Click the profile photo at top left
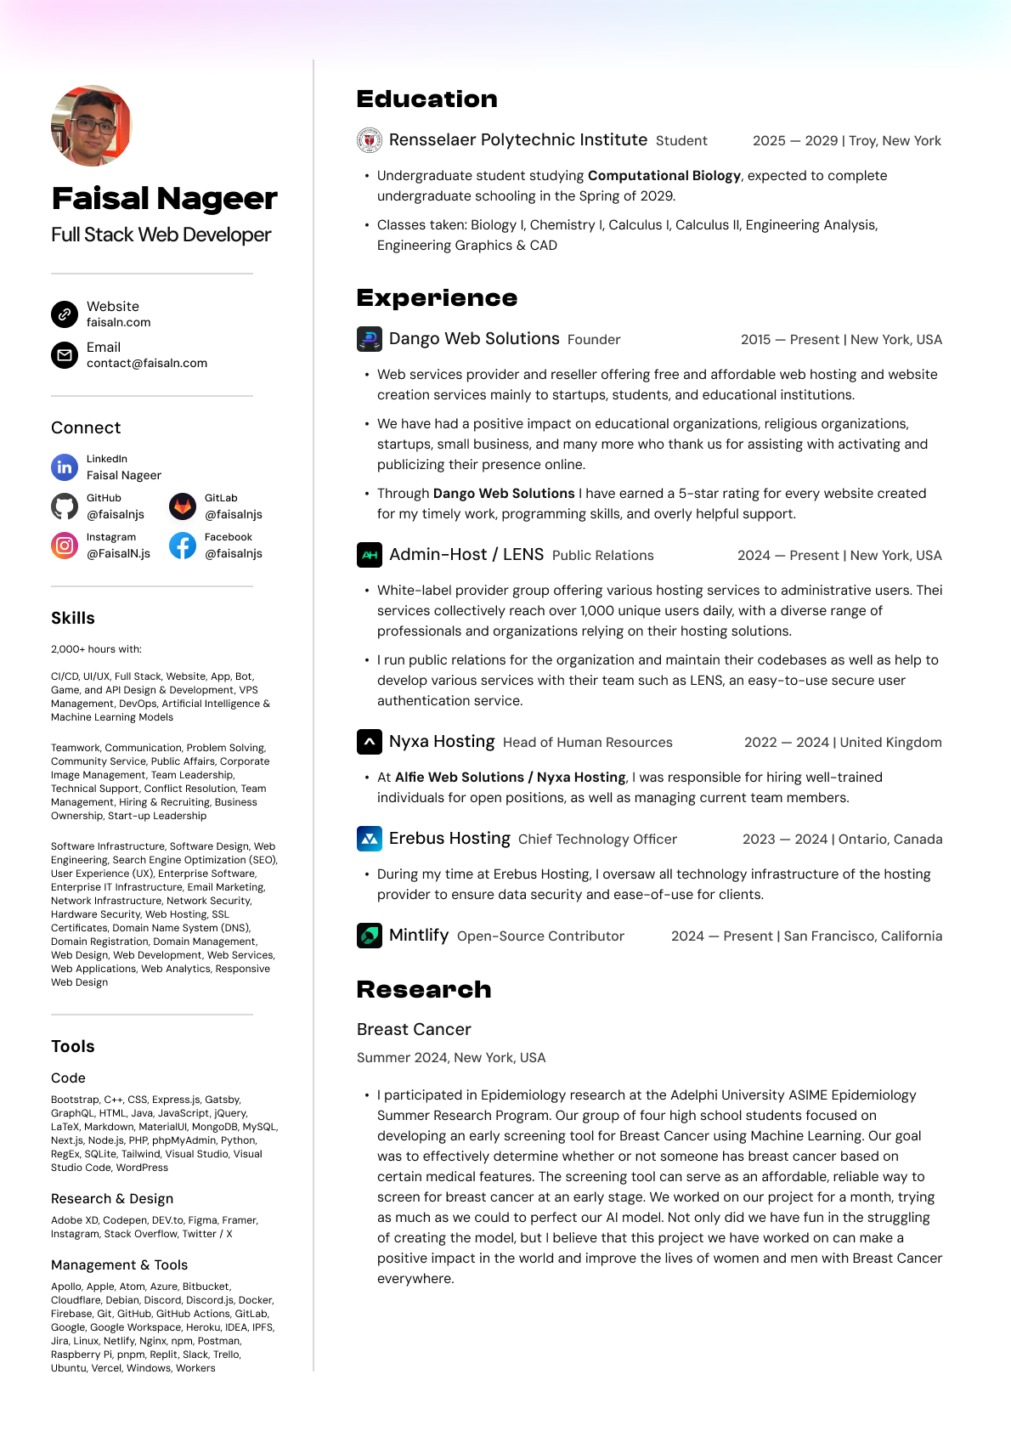point(92,126)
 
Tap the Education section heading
point(426,99)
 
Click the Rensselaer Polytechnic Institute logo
point(369,140)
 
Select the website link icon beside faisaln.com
point(65,314)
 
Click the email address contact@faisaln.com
point(147,364)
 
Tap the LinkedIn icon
point(65,467)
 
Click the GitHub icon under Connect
point(65,506)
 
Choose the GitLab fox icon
point(183,506)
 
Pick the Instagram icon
point(65,546)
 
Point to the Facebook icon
point(183,546)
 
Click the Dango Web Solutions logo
point(369,339)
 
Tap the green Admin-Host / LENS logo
point(369,555)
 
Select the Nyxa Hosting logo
point(369,742)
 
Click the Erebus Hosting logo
point(369,839)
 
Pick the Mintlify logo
point(369,936)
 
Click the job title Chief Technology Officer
point(597,840)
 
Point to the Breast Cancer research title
point(414,1030)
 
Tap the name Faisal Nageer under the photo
point(164,199)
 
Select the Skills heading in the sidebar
point(73,619)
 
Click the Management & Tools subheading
point(119,1265)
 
